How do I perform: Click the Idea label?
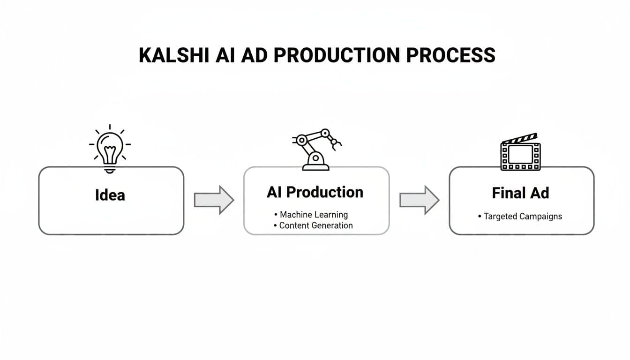(x=110, y=195)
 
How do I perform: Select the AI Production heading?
(x=315, y=192)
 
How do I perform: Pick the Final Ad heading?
(x=520, y=193)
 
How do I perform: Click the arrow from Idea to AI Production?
(x=214, y=200)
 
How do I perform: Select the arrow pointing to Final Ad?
(x=419, y=200)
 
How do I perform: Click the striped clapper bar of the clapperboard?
(x=519, y=139)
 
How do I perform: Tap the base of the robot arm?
(x=315, y=165)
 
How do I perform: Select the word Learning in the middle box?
(x=331, y=215)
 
